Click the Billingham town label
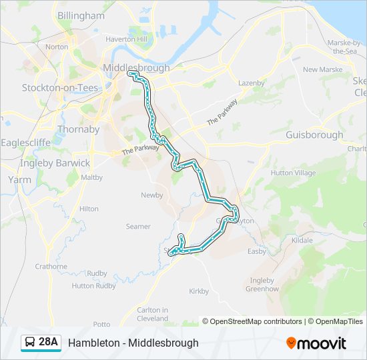coord(81,15)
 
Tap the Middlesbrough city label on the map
coord(136,68)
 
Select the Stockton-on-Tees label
coord(60,88)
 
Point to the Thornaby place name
coord(79,129)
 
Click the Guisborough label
coord(314,135)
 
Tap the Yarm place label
coord(19,179)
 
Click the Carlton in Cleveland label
coord(153,314)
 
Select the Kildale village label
coord(302,239)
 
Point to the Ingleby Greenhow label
coord(261,285)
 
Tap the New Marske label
coord(322,69)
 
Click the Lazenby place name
coord(252,83)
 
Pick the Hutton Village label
coord(293,173)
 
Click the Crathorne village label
coord(51,266)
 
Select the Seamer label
coord(138,227)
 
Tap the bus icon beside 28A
coord(30,343)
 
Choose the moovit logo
coord(316,343)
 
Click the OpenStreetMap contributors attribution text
coord(252,321)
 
